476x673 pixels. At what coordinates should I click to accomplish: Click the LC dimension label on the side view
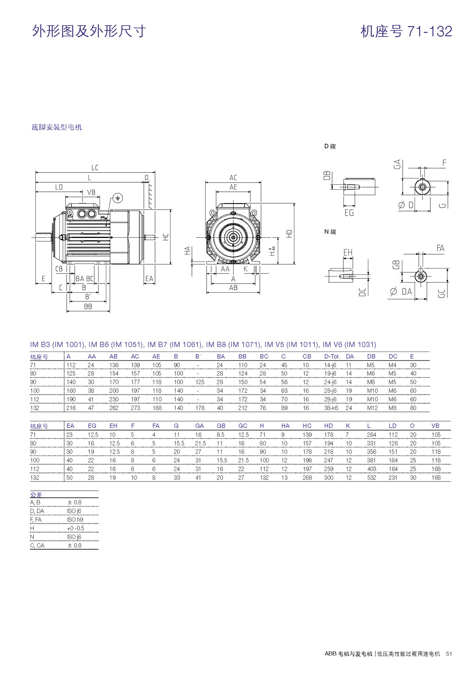95,168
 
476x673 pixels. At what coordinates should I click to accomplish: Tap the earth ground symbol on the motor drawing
118,198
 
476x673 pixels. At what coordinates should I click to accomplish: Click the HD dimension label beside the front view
289,234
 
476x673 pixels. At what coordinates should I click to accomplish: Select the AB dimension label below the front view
233,288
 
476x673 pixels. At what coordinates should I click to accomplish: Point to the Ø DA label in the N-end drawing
401,292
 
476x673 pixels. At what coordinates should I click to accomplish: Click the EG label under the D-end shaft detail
349,213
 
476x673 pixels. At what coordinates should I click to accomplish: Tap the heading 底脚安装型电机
57,127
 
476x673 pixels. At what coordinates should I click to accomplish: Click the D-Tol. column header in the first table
332,356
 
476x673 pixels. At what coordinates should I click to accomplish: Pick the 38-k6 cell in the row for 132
331,408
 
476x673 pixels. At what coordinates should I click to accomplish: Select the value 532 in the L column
371,477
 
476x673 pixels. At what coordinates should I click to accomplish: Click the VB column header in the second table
435,426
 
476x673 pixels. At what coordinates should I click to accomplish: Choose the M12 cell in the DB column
373,408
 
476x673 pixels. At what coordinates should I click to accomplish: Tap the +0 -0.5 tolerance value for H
75,528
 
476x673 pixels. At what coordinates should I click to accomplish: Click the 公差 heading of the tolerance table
36,495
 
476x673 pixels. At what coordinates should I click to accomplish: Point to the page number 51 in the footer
449,654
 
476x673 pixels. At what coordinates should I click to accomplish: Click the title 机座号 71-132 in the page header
406,32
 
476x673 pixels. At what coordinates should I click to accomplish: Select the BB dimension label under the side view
88,307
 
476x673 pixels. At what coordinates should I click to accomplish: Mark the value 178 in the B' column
200,408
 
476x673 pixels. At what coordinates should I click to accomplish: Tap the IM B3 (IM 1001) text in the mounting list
57,345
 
